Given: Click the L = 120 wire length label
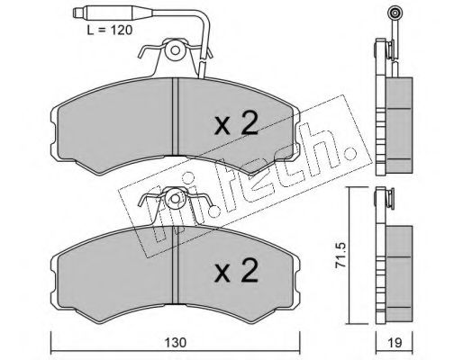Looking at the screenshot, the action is pos(109,30).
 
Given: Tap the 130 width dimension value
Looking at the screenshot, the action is pos(176,342).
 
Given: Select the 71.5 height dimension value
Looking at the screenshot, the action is pos(341,256).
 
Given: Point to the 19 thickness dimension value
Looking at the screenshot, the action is pos(395,342).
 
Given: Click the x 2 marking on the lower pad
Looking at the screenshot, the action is pos(236,270).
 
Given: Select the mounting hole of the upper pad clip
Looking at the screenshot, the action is pos(175,50).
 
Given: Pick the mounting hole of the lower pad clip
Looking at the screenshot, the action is pos(175,198).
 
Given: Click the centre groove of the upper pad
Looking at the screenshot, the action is pos(176,116).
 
